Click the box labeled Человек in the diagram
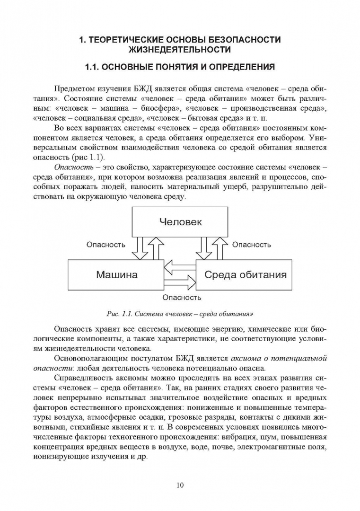(x=180, y=221)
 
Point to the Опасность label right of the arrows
(x=251, y=245)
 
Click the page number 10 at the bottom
(x=180, y=485)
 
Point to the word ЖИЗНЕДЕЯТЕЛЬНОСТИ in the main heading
(x=180, y=49)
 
